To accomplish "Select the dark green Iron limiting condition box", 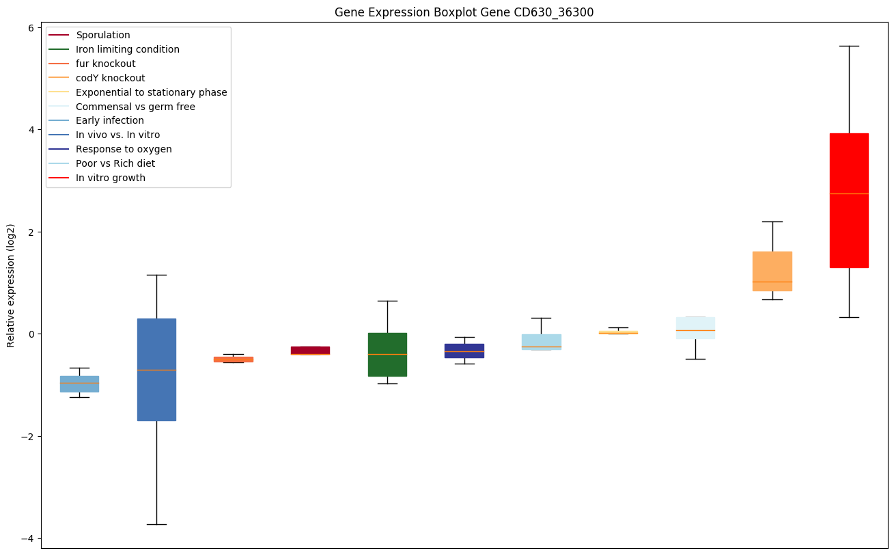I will pyautogui.click(x=387, y=354).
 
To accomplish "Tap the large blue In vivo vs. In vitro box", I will pyautogui.click(x=156, y=369).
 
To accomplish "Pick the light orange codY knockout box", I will pyautogui.click(x=772, y=271).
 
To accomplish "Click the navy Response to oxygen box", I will pyautogui.click(x=464, y=351).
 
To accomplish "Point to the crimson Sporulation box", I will pyautogui.click(x=310, y=350).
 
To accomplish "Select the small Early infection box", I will pyautogui.click(x=79, y=383).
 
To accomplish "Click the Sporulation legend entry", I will pyautogui.click(x=102, y=35).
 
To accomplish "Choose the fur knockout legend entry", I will pyautogui.click(x=105, y=64).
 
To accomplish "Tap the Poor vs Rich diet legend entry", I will pyautogui.click(x=115, y=163).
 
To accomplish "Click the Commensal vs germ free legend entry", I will pyautogui.click(x=135, y=107).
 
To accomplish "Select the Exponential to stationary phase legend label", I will pyautogui.click(x=151, y=92).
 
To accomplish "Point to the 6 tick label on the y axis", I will pyautogui.click(x=31, y=27).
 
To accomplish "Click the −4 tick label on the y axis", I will pyautogui.click(x=28, y=539).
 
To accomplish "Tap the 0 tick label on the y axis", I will pyautogui.click(x=31, y=334).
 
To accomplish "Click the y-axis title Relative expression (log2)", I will pyautogui.click(x=11, y=285).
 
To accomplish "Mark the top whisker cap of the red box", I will pyautogui.click(x=849, y=46).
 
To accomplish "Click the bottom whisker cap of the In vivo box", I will pyautogui.click(x=156, y=524).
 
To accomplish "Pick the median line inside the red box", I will pyautogui.click(x=849, y=193).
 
